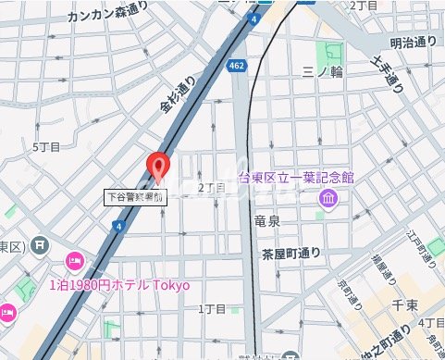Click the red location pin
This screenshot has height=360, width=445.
pyautogui.click(x=159, y=167)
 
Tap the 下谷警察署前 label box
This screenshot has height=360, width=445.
pyautogui.click(x=134, y=196)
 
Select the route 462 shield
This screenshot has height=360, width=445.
pyautogui.click(x=238, y=66)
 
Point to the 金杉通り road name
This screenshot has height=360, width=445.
pyautogui.click(x=179, y=94)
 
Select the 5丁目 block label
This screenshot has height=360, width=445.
pyautogui.click(x=45, y=147)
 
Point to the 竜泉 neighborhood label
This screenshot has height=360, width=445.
pyautogui.click(x=267, y=220)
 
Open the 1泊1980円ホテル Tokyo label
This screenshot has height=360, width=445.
pyautogui.click(x=118, y=284)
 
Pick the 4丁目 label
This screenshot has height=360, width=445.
pyautogui.click(x=430, y=321)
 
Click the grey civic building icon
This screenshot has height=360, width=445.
pyautogui.click(x=41, y=245)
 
